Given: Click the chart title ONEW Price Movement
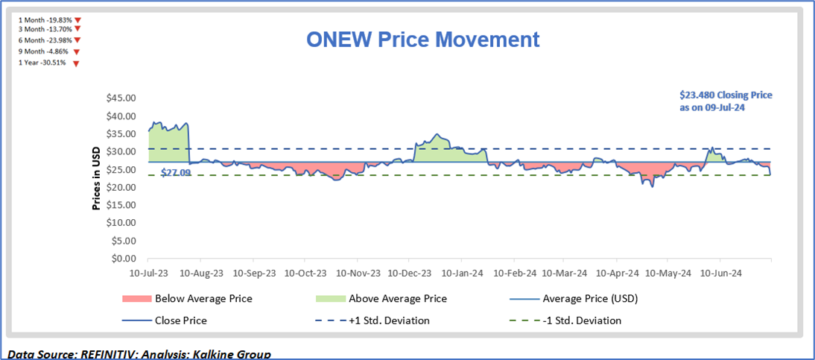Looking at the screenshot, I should [422, 40].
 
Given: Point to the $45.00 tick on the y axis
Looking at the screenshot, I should [119, 98].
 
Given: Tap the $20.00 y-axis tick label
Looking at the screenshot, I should [119, 187].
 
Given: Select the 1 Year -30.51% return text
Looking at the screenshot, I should [42, 63].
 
